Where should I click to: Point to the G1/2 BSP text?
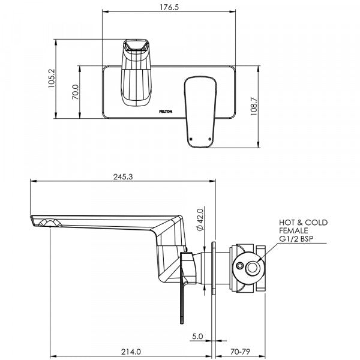[x=294, y=239]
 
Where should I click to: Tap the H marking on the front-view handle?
[x=191, y=139]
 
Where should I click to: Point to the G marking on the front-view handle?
[x=209, y=139]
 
